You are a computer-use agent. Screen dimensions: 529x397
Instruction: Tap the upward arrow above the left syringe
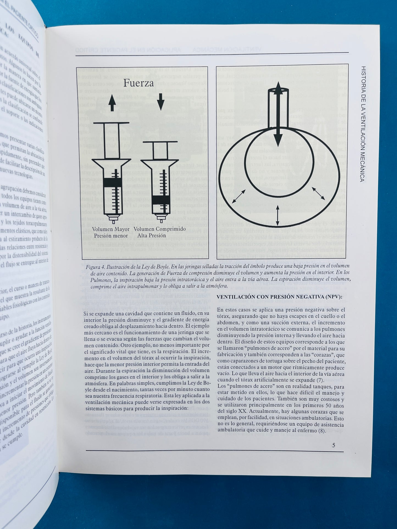(x=112, y=104)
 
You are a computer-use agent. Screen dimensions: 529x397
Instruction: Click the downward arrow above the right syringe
(x=161, y=104)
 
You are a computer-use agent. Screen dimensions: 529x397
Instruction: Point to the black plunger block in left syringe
(x=112, y=182)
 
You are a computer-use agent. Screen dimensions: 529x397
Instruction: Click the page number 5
(x=334, y=445)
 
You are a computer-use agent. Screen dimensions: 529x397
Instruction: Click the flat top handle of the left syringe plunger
(x=112, y=122)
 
